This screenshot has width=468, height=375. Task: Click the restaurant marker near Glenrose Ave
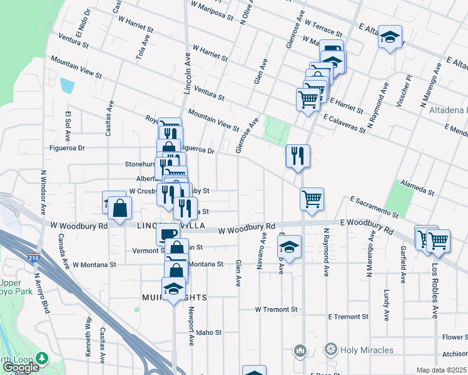298,156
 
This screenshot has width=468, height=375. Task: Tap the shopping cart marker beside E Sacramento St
312,199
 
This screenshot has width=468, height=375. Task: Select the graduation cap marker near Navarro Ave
289,247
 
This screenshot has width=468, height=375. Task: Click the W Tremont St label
275,309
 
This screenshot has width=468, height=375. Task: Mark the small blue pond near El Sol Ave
66,84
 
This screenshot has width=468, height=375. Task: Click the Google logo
20,367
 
